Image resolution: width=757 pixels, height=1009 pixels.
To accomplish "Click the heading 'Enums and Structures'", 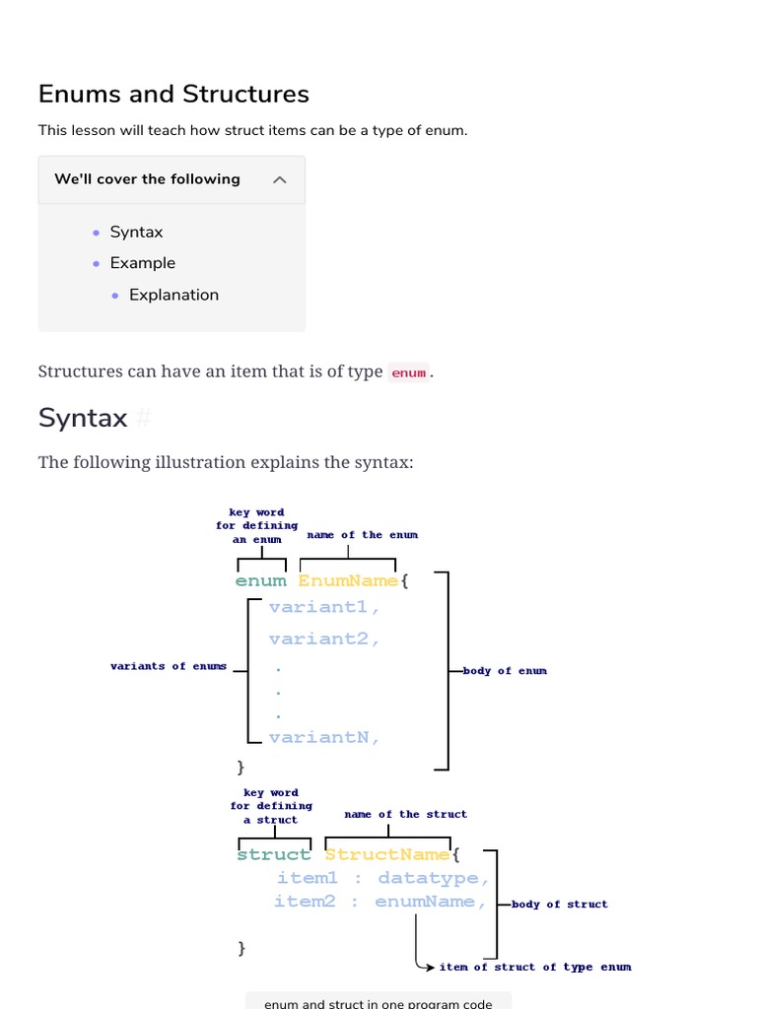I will pos(173,94).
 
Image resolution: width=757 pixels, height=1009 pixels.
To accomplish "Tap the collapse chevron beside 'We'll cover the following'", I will pos(280,179).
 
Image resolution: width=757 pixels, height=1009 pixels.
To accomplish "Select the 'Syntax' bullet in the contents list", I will pos(136,233).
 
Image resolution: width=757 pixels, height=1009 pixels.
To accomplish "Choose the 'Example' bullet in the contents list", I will pos(142,263).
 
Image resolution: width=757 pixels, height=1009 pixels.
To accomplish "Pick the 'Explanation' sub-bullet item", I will pos(173,295).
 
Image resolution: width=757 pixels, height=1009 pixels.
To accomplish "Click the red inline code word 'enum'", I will pos(409,372).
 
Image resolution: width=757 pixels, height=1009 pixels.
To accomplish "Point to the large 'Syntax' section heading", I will pos(83,418).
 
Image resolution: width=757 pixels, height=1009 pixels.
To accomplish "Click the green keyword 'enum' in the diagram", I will pos(261,580).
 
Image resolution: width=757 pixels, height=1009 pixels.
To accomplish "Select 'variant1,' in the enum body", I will pos(324,607).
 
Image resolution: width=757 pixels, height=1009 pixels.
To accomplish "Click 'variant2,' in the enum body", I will pos(324,639).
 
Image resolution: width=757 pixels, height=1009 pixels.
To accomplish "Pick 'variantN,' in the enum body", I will pos(324,736).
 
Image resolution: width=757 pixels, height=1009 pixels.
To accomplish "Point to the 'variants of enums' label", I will pos(169,666).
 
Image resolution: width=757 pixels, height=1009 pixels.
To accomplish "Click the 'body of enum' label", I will pos(505,671).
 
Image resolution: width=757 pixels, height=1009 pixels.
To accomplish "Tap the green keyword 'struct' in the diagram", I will pos(274,854).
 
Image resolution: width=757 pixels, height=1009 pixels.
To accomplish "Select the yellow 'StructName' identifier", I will pos(387,854).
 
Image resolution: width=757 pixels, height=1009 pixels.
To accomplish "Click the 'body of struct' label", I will pos(560,905).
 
